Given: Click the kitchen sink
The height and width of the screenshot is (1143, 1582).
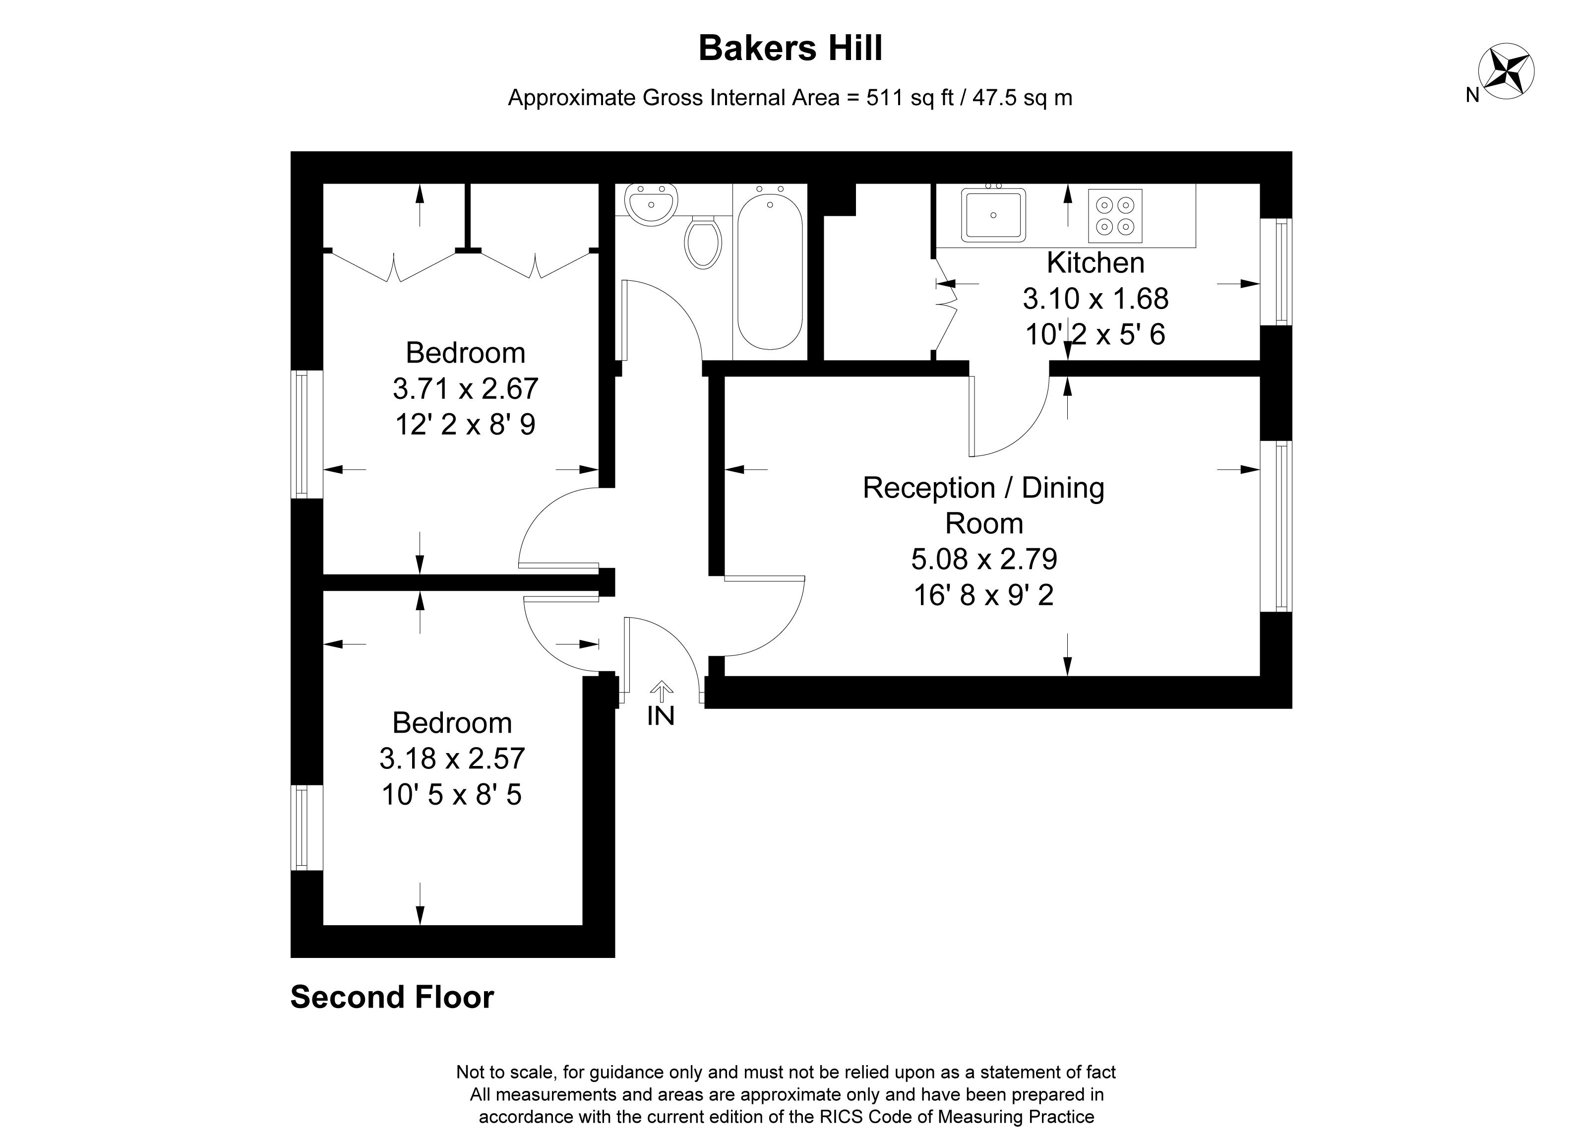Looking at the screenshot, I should (x=993, y=214).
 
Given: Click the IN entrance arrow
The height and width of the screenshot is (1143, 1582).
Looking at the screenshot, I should (x=661, y=691).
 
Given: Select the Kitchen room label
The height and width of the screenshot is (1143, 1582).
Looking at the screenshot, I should (x=1095, y=263).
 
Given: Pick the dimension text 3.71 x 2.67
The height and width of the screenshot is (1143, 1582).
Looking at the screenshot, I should (x=465, y=388).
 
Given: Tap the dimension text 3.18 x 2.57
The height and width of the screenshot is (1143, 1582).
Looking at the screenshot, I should (x=452, y=759).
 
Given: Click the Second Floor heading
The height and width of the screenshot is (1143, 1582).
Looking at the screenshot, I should (x=392, y=997).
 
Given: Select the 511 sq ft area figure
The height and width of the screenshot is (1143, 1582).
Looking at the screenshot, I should (x=910, y=98).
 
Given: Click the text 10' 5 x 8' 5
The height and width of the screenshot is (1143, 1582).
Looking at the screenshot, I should (x=451, y=795).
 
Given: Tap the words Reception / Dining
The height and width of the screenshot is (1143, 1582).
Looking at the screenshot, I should (x=983, y=488).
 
